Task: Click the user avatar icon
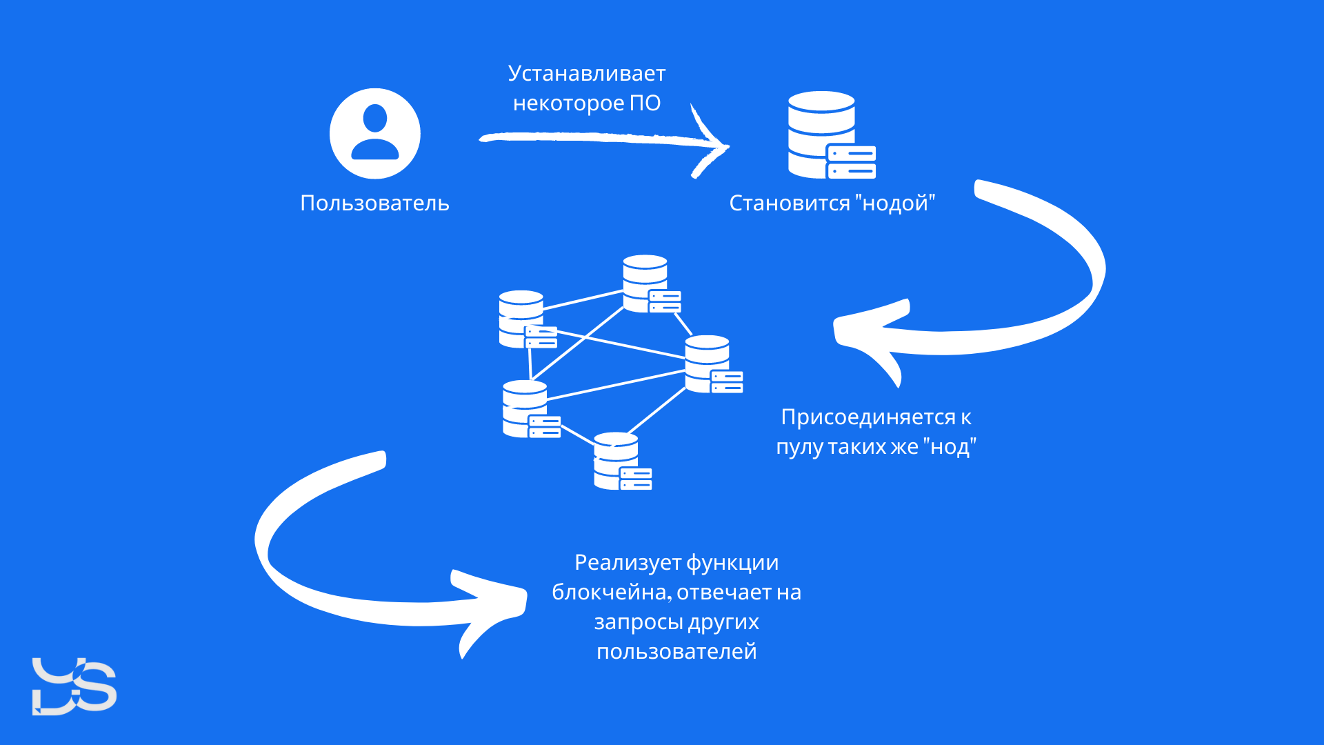[x=374, y=133]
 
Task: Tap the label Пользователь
[x=374, y=203]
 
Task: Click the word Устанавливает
[x=586, y=74]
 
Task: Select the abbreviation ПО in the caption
[x=645, y=103]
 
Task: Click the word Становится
[x=790, y=203]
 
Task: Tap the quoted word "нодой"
[x=895, y=203]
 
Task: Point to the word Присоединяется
[x=867, y=417]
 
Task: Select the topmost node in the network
[x=650, y=284]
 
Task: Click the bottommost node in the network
[x=621, y=461]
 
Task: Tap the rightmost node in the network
[x=712, y=364]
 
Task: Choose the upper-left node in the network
[x=525, y=319]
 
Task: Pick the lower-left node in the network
[x=530, y=409]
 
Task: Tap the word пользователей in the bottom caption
[x=676, y=652]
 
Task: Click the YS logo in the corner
[x=74, y=686]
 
